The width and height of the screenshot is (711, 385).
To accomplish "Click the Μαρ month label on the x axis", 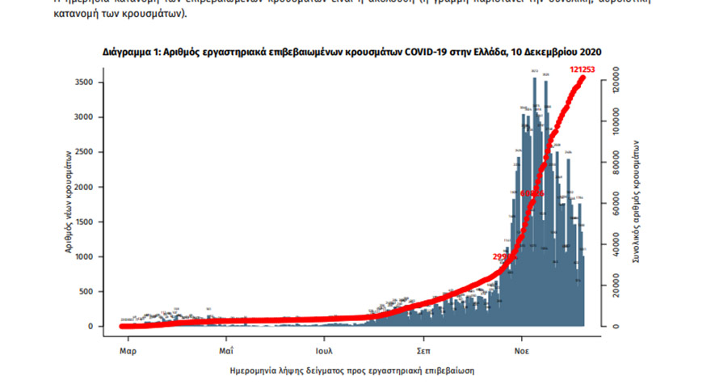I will (127, 352).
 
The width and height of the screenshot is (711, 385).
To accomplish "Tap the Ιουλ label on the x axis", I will (325, 352).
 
